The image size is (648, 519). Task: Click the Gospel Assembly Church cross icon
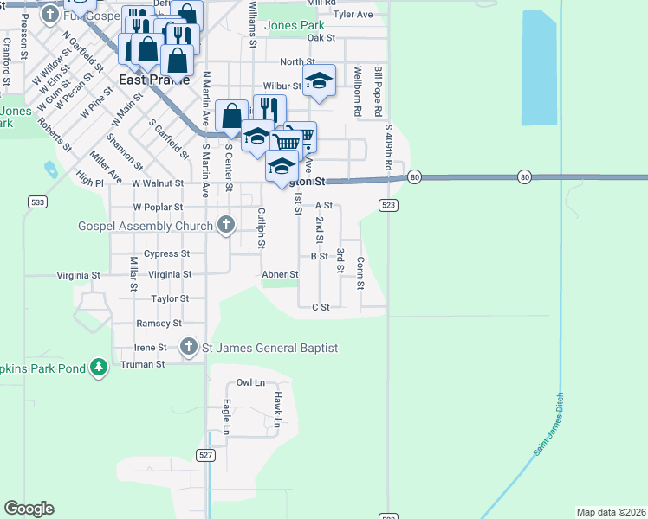tap(226, 226)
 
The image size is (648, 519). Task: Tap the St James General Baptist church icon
tap(189, 348)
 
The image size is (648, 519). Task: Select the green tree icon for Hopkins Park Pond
tap(100, 368)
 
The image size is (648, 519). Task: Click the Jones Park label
tap(295, 26)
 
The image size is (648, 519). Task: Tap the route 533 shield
tap(36, 202)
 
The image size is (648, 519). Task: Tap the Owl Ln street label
tap(250, 382)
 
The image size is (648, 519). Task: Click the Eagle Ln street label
tap(226, 416)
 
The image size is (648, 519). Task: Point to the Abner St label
tap(280, 274)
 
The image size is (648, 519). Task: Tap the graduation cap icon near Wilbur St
tap(320, 81)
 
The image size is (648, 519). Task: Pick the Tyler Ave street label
tap(353, 15)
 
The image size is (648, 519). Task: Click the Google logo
tap(29, 509)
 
